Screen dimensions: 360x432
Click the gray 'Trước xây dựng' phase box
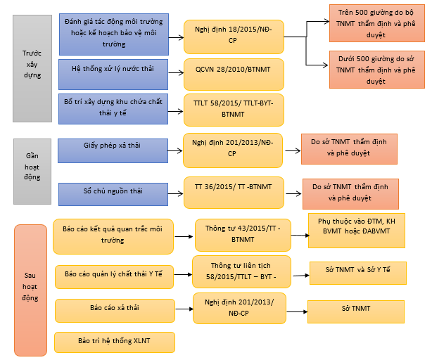32,63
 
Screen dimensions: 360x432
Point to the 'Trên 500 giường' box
376,25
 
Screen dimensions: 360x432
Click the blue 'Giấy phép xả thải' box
113,148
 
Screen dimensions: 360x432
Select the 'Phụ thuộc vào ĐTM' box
357,231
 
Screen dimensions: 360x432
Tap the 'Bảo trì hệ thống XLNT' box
114,341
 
